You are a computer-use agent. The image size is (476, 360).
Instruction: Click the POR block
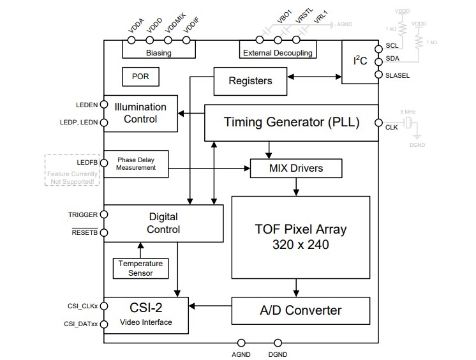[x=140, y=77]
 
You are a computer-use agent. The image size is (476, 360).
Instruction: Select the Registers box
[x=249, y=81]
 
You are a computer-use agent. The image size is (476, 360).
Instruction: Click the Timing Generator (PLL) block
[x=291, y=122]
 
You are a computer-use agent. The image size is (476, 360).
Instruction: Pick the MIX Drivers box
[x=295, y=169]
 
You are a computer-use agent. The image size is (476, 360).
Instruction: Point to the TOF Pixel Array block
[x=301, y=236]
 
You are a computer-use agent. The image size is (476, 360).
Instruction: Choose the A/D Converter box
[x=301, y=311]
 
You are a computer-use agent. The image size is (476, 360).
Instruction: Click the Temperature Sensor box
[x=140, y=268]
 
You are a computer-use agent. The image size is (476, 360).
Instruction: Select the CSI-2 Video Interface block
[x=146, y=315]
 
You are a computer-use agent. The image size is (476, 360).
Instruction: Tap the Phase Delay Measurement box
[x=135, y=163]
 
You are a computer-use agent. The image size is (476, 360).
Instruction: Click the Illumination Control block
[x=140, y=113]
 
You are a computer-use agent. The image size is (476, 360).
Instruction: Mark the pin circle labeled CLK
[x=378, y=122]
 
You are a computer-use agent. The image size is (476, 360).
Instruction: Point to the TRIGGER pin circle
[x=104, y=215]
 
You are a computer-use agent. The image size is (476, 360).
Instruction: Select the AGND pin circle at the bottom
[x=241, y=343]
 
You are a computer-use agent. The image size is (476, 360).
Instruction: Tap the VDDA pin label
[x=136, y=29]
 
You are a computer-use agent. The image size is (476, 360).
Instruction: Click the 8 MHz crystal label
[x=408, y=112]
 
